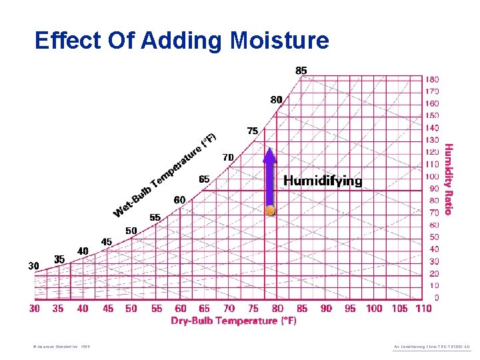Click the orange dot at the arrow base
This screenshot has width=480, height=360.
point(270,210)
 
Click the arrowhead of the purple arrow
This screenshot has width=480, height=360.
point(269,155)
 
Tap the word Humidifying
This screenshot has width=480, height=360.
point(323,181)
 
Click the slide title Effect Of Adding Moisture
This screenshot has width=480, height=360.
point(181,41)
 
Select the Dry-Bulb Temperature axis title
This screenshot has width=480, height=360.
point(233,321)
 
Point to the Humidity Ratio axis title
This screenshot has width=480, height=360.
point(449,179)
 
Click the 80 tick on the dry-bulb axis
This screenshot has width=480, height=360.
point(277,309)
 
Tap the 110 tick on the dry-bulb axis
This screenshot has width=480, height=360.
point(423,309)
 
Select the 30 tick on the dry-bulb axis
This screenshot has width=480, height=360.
point(35,309)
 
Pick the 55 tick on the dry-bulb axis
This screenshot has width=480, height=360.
point(157,309)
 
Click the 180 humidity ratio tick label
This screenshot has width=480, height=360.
point(433,79)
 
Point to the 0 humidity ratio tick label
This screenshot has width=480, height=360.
point(437,297)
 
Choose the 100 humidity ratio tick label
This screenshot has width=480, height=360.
point(433,177)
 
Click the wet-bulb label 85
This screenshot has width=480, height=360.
point(301,69)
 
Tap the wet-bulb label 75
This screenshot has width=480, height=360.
point(253,131)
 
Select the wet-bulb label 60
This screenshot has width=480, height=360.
point(179,200)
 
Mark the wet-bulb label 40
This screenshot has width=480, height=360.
point(83,251)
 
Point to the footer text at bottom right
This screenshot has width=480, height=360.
point(432,347)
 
